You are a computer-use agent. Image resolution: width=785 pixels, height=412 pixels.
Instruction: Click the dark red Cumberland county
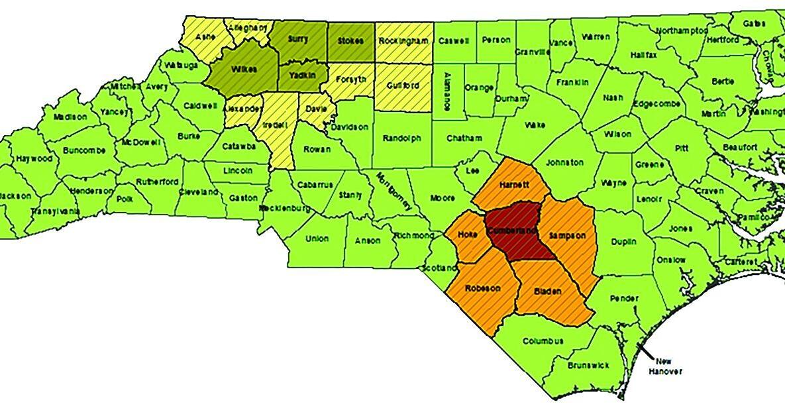tap(511, 231)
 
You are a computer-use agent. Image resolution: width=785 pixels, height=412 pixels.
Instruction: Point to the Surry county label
tap(298, 39)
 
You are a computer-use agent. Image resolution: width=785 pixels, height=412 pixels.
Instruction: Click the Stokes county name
tap(350, 41)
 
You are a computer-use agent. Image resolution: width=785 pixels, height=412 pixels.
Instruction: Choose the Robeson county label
tap(482, 288)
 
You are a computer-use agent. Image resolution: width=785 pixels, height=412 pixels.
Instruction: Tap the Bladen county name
tap(547, 291)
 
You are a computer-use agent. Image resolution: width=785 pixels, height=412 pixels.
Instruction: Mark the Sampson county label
tap(566, 236)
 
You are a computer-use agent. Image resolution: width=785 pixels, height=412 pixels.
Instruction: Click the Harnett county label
tap(514, 183)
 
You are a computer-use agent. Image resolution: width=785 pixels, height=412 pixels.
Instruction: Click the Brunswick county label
tap(589, 365)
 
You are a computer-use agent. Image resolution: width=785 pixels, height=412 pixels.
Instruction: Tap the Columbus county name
tap(543, 342)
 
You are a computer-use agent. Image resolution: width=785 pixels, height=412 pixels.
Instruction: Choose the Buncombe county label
tap(84, 150)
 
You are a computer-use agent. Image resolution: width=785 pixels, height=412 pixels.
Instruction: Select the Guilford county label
tap(401, 85)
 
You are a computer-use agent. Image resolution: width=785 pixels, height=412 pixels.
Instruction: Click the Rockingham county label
tap(403, 41)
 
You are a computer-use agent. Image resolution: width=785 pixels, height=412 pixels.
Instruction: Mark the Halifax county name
tap(643, 55)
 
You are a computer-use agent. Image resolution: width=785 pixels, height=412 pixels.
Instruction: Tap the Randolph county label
tap(401, 138)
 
